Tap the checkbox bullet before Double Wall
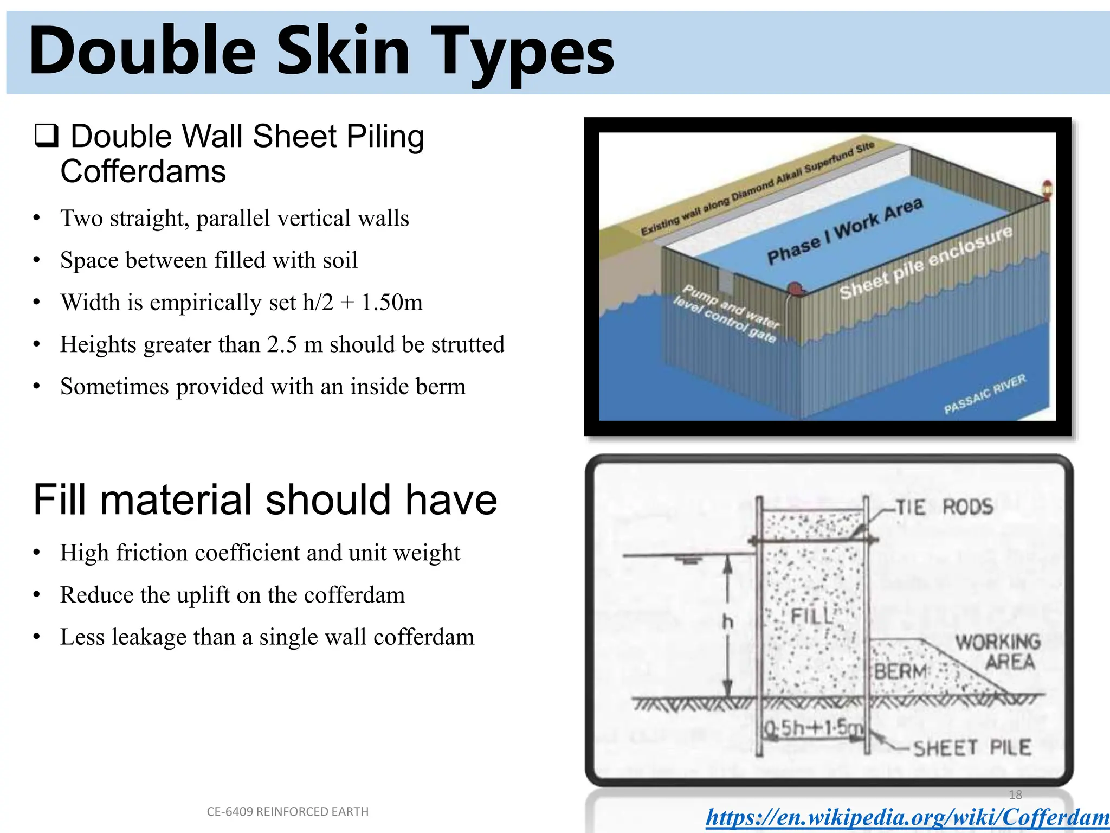pyautogui.click(x=47, y=136)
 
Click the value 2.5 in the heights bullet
pyautogui.click(x=282, y=344)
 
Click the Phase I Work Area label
pyautogui.click(x=844, y=230)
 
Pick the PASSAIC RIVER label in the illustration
pyautogui.click(x=985, y=394)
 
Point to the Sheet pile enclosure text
pyautogui.click(x=926, y=262)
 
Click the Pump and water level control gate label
pyautogui.click(x=726, y=313)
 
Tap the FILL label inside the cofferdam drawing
pyautogui.click(x=811, y=616)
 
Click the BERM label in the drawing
pyautogui.click(x=901, y=671)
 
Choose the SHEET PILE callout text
pyautogui.click(x=972, y=748)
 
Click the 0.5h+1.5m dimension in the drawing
pyautogui.click(x=812, y=728)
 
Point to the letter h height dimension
pyautogui.click(x=728, y=621)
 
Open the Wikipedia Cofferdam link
pyautogui.click(x=907, y=817)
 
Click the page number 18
pyautogui.click(x=1015, y=794)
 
